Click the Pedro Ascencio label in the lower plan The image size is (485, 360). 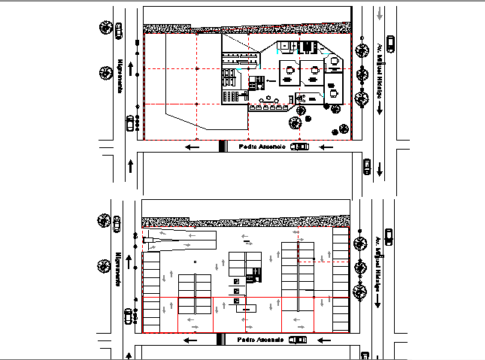click(x=260, y=340)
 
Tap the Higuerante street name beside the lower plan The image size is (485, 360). click(x=118, y=268)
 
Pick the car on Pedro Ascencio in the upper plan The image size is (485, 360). click(x=299, y=147)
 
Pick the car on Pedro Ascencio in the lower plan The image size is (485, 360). click(x=299, y=340)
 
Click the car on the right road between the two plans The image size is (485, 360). click(x=366, y=166)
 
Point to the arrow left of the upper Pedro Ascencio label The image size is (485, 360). click(x=192, y=147)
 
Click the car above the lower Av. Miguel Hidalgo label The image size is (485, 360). click(x=389, y=236)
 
